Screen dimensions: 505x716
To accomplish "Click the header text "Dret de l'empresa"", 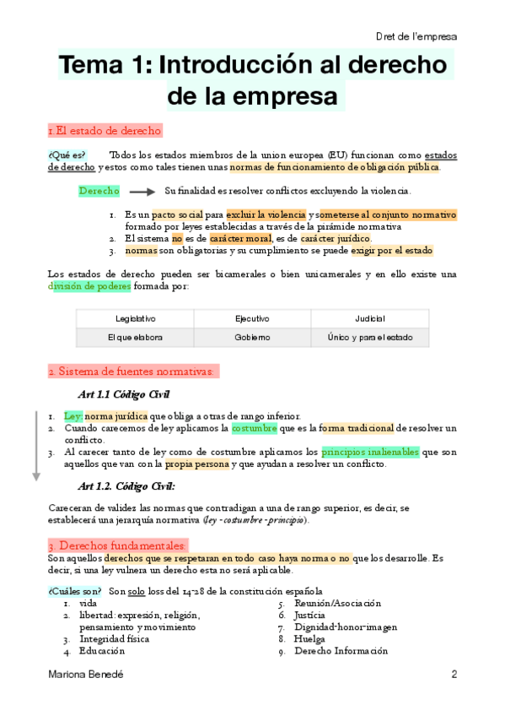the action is [x=416, y=36].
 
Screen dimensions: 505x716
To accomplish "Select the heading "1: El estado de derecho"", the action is [x=105, y=131].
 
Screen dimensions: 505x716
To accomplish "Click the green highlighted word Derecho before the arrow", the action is [x=99, y=191].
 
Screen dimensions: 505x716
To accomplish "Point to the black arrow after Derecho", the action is [x=142, y=192].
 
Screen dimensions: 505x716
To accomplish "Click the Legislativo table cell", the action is [x=135, y=318].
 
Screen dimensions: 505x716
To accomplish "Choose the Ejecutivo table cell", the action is [x=252, y=318].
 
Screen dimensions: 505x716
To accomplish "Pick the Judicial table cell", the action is [x=369, y=318].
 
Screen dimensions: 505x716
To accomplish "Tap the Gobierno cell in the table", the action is [x=252, y=337].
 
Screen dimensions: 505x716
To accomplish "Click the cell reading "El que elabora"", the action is [x=135, y=337].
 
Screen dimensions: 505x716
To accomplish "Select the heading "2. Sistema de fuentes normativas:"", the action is [x=133, y=372].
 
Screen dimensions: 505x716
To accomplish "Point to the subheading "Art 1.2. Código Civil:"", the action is [x=126, y=485].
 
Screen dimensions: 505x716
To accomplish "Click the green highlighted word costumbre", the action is [x=255, y=428].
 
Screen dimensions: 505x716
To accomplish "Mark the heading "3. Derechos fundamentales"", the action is [x=116, y=545].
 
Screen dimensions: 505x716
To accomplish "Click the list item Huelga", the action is [x=310, y=639].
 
